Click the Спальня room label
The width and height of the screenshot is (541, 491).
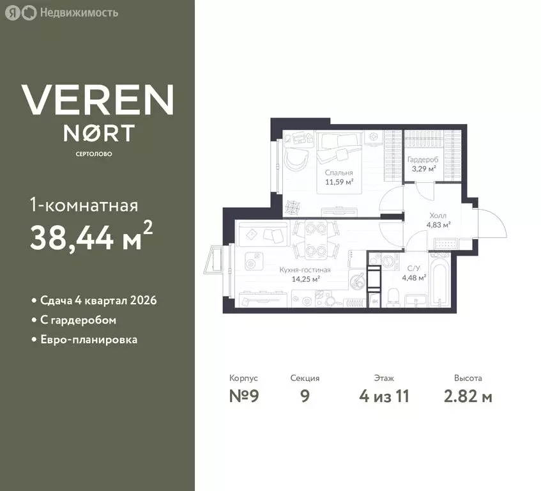click(x=339, y=173)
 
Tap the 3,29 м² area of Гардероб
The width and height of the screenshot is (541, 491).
click(x=423, y=169)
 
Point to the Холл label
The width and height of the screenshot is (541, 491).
click(x=438, y=215)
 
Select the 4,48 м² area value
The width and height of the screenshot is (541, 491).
click(x=414, y=277)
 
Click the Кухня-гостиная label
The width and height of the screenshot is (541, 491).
click(x=305, y=270)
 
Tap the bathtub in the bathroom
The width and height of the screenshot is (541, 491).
click(x=439, y=279)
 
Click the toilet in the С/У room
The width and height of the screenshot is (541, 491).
click(x=393, y=297)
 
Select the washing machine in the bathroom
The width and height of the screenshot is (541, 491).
click(x=389, y=261)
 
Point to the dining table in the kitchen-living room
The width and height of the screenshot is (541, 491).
click(x=316, y=239)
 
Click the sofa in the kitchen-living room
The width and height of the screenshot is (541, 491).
click(x=263, y=233)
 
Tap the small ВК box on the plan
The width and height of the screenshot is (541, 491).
click(x=375, y=301)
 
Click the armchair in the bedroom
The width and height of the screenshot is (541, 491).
click(x=296, y=160)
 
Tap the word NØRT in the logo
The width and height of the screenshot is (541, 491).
click(x=98, y=133)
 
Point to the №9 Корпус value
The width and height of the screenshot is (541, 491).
click(x=244, y=396)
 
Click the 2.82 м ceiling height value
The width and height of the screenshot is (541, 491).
click(x=468, y=396)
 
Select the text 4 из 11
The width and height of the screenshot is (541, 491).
click(x=384, y=396)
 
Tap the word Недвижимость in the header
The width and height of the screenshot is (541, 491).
click(x=79, y=13)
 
